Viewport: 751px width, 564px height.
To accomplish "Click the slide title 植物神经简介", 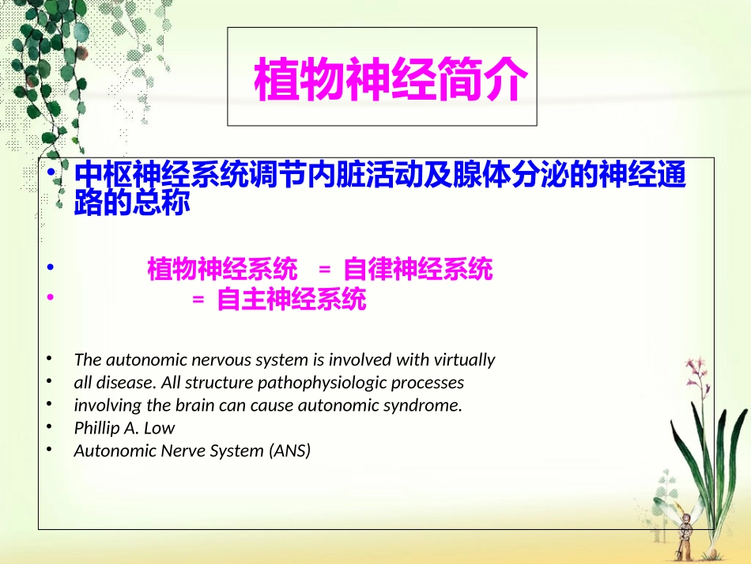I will point(389,80).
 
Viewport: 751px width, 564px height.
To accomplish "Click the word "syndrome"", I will point(427,406).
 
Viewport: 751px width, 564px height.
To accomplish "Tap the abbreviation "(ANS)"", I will point(290,451).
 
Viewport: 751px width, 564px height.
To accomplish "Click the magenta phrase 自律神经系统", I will point(418,271).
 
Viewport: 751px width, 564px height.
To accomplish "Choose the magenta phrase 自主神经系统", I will point(292,301).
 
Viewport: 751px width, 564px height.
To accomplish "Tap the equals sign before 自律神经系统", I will point(323,271).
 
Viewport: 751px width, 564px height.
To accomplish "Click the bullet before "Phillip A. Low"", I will point(50,427).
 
